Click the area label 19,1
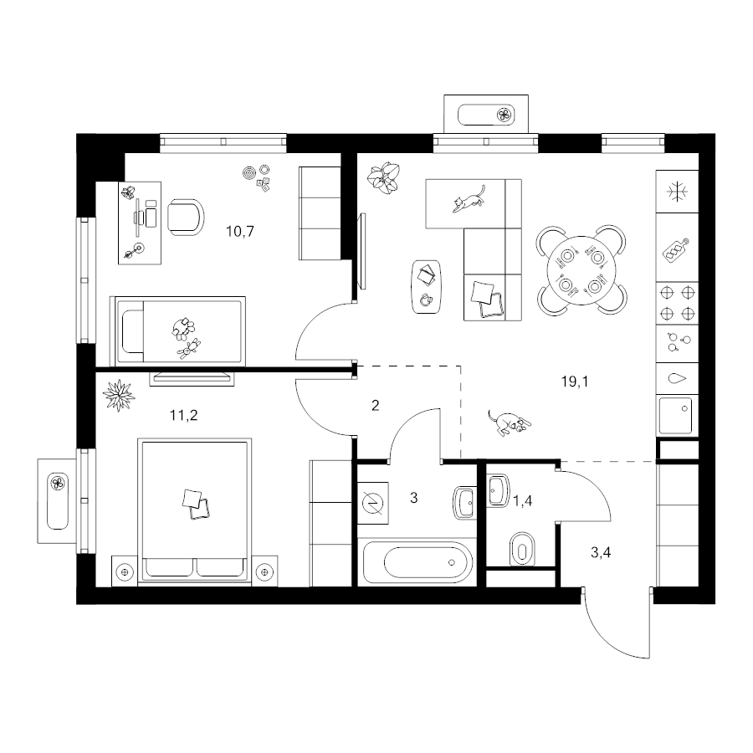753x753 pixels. pyautogui.click(x=574, y=382)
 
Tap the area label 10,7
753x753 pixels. pyautogui.click(x=239, y=232)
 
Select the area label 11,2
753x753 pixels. pyautogui.click(x=183, y=415)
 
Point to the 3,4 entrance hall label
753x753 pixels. pyautogui.click(x=600, y=553)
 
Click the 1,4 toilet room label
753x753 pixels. pyautogui.click(x=522, y=501)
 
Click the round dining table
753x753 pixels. pyautogui.click(x=581, y=270)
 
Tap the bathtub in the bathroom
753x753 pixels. pyautogui.click(x=417, y=562)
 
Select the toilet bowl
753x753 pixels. pyautogui.click(x=522, y=548)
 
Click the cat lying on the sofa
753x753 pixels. pyautogui.click(x=469, y=199)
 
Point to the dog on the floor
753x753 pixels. pyautogui.click(x=509, y=423)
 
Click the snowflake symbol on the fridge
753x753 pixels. pyautogui.click(x=677, y=192)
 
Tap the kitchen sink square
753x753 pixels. pyautogui.click(x=676, y=415)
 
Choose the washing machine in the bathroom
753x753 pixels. pyautogui.click(x=373, y=503)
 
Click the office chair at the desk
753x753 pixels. pyautogui.click(x=186, y=217)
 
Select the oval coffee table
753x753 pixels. pyautogui.click(x=426, y=287)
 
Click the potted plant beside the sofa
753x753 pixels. pyautogui.click(x=383, y=177)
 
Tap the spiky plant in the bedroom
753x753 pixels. pyautogui.click(x=119, y=395)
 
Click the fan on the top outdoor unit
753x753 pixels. pyautogui.click(x=505, y=115)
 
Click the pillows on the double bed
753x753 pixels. pyautogui.click(x=196, y=505)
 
